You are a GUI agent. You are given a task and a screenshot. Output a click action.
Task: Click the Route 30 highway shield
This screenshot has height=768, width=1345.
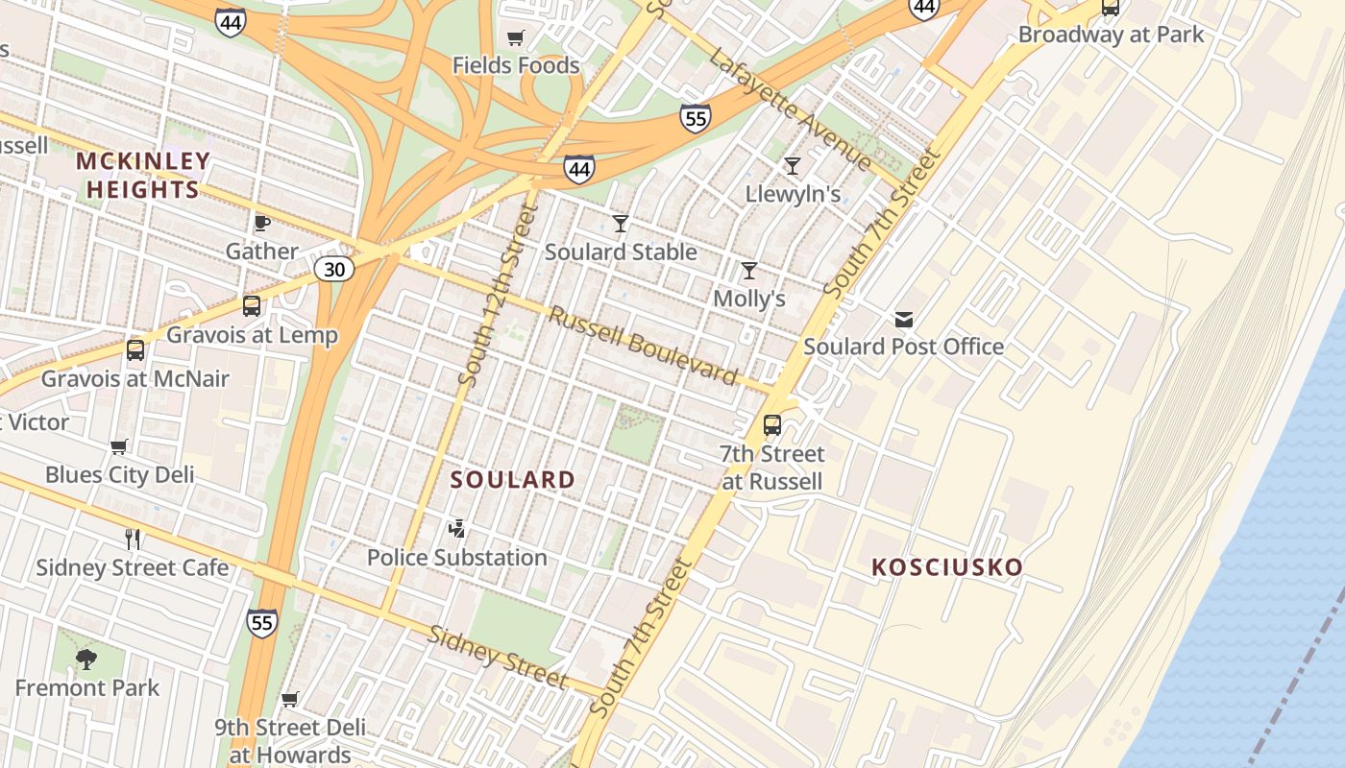(x=333, y=270)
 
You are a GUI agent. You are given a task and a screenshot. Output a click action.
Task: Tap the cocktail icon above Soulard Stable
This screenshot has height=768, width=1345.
(x=621, y=224)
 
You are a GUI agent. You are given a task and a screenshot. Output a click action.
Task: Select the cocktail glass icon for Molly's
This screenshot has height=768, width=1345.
(x=749, y=271)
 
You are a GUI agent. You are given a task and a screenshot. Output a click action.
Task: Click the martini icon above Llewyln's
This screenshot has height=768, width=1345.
(x=793, y=166)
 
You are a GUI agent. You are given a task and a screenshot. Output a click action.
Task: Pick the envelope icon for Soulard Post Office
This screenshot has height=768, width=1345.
(x=904, y=319)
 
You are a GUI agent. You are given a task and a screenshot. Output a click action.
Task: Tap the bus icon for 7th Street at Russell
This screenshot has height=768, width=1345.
(x=771, y=424)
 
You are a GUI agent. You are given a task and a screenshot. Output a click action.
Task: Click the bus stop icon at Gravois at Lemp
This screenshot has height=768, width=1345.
(x=252, y=306)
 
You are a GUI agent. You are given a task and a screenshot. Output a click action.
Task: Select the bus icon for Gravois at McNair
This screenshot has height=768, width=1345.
(x=135, y=350)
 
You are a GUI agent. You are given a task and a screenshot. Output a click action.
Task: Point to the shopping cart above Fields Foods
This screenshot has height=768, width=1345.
(x=516, y=38)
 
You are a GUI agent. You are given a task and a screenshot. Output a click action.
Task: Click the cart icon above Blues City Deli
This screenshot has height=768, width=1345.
(x=119, y=446)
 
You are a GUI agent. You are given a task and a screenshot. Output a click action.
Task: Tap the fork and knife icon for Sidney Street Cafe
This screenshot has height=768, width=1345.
(x=133, y=540)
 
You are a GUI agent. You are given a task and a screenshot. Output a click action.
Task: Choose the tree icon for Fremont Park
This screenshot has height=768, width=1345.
(x=86, y=659)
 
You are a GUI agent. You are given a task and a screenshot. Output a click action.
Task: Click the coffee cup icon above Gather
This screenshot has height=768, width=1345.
(x=261, y=224)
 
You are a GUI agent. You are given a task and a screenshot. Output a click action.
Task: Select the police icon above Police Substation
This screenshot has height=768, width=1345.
(x=457, y=528)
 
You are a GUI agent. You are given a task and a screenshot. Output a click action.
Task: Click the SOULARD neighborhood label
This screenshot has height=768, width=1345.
(x=513, y=480)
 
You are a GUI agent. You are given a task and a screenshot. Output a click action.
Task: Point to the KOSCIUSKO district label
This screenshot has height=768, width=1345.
(x=947, y=567)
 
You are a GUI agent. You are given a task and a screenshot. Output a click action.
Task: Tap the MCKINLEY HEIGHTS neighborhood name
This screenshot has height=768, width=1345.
(x=143, y=175)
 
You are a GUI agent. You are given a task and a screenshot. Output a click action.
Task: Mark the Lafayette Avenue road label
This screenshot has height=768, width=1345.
(x=790, y=109)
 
